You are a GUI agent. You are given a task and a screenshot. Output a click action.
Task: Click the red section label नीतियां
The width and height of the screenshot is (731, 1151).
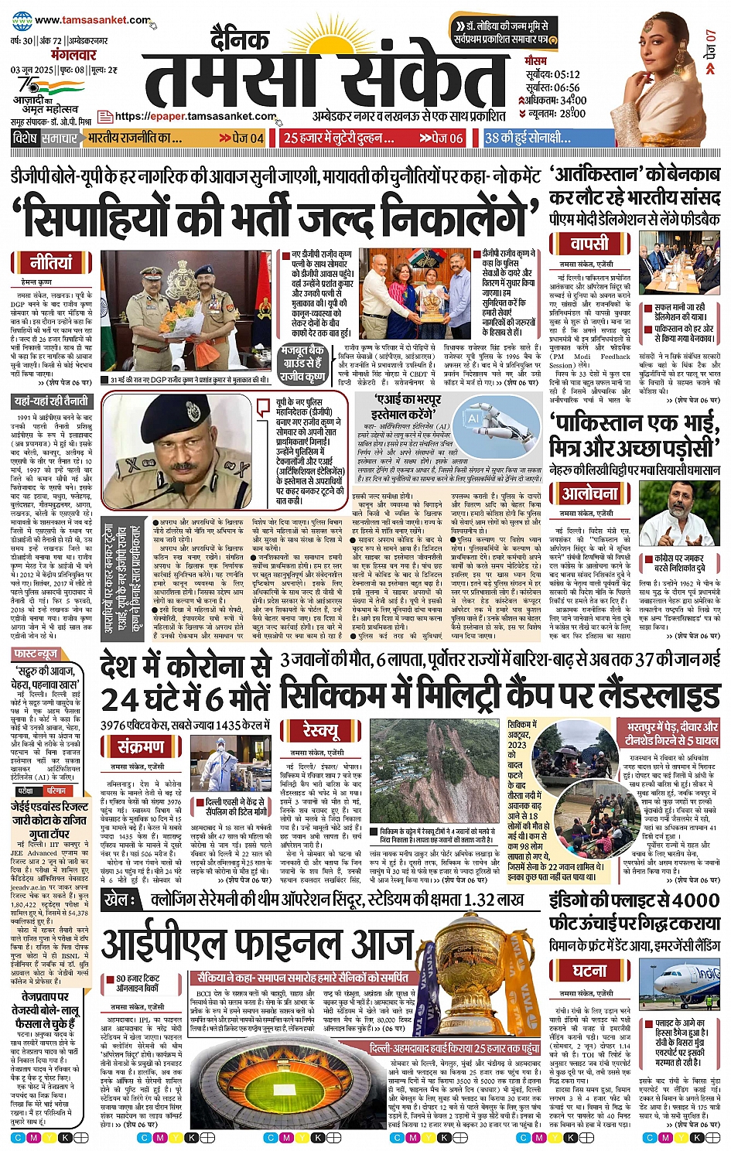click(51, 261)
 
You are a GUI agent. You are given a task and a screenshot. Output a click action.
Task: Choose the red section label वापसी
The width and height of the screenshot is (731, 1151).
click(589, 244)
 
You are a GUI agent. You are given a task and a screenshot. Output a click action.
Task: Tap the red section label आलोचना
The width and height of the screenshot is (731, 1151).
click(590, 493)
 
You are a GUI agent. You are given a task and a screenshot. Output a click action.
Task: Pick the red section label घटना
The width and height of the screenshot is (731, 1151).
click(590, 971)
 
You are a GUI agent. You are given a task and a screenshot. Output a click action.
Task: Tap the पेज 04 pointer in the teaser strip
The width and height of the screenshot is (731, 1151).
click(242, 138)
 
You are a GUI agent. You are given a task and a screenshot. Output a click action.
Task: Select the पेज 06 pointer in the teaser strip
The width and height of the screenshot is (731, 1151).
click(442, 138)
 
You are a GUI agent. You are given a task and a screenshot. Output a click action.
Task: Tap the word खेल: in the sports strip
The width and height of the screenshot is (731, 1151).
click(121, 900)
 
